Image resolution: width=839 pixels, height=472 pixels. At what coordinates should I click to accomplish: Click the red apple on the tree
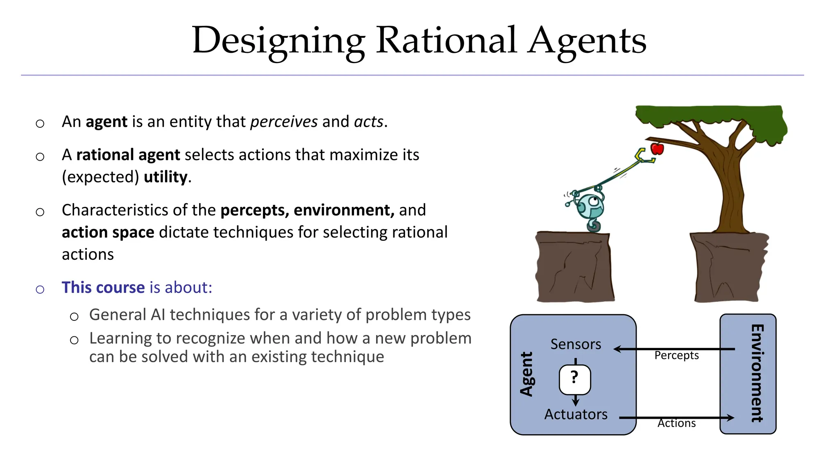657,148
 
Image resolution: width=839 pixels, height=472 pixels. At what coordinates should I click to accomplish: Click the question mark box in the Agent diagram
575,379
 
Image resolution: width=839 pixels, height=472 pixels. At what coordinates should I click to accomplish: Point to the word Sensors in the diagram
576,344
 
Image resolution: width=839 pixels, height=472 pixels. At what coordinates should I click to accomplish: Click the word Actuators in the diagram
576,414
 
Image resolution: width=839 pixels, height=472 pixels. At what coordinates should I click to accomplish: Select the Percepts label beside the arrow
676,355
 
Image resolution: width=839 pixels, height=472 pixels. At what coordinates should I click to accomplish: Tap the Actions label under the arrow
676,423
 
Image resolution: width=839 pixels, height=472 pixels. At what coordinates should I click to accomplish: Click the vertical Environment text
757,373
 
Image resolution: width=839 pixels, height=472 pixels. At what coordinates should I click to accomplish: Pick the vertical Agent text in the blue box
527,374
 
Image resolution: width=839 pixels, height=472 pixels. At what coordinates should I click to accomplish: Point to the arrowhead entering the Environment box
730,418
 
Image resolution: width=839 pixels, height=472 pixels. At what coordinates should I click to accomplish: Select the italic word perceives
283,122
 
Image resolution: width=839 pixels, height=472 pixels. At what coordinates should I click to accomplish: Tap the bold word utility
166,177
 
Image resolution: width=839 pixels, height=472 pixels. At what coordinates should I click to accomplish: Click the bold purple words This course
103,288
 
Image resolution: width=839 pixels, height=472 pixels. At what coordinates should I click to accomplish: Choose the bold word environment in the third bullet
343,210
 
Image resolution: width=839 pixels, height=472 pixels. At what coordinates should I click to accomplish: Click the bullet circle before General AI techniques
74,317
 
